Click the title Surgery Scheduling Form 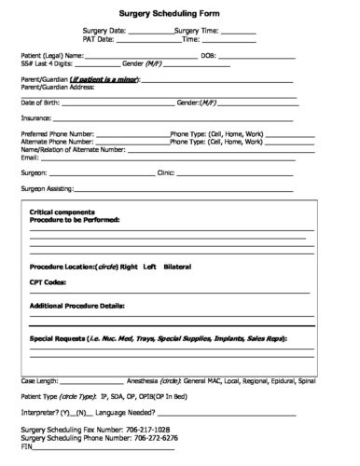pos(180,15)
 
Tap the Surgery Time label pos(199,31)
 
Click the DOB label pos(208,56)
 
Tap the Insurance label pos(35,118)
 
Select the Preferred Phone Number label pos(57,133)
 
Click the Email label pos(29,156)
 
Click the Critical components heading pos(62,212)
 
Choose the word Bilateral pos(176,266)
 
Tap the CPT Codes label pos(48,281)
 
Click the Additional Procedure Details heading pos(76,305)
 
